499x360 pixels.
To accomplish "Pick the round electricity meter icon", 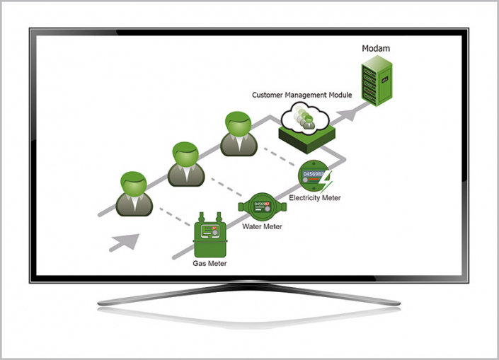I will (313, 177).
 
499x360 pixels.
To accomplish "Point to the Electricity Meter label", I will (316, 198).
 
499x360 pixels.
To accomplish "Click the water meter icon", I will (263, 207).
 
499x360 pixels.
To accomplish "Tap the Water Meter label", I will (262, 226).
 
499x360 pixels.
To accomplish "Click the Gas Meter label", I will (210, 263).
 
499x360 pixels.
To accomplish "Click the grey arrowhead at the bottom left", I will (123, 241).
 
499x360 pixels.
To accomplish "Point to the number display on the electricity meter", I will (313, 173).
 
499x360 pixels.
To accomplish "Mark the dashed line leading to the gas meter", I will (173, 215).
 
